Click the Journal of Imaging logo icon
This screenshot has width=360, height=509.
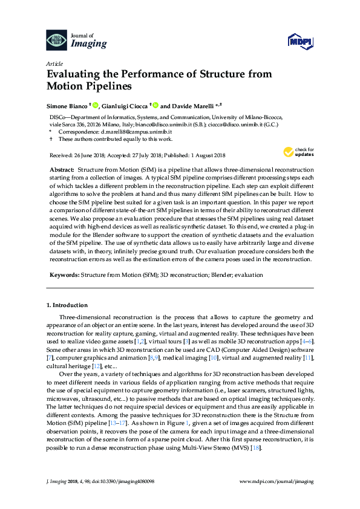tap(57, 39)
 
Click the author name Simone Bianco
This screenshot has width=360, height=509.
tap(67, 105)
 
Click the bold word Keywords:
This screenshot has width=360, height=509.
tap(63, 274)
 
